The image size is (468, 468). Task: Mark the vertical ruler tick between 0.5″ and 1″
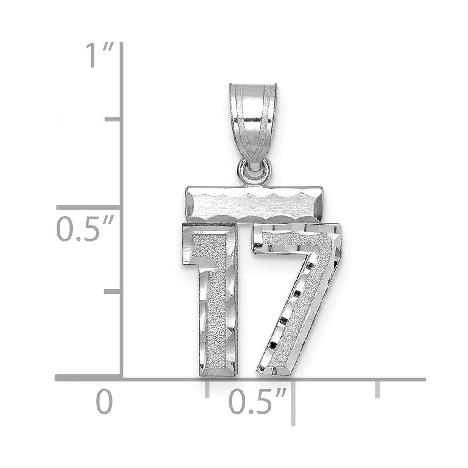point(112,120)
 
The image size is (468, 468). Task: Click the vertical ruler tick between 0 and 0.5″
point(112,291)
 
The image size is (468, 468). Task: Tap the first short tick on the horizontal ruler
point(207,389)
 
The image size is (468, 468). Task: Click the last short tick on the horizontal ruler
point(377,389)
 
